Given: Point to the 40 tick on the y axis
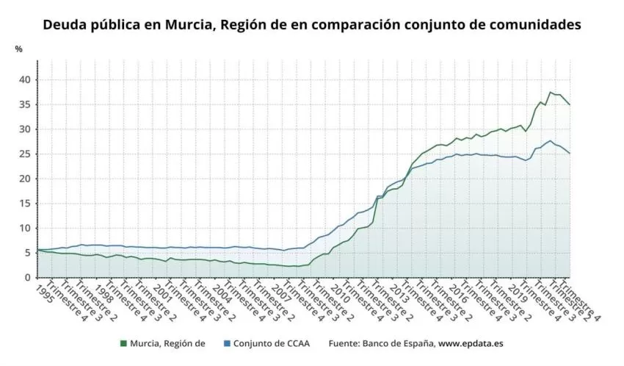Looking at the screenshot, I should [24, 79].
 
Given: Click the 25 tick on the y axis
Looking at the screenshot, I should [24, 154].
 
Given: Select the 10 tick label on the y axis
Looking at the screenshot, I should [24, 228].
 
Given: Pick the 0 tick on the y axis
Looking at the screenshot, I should [26, 277].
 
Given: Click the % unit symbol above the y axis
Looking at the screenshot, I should [18, 49].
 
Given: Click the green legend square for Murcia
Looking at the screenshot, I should [123, 343].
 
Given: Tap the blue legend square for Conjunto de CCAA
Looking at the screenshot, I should [227, 343].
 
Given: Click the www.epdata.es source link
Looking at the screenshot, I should [471, 343].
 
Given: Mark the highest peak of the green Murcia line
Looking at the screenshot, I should [551, 92].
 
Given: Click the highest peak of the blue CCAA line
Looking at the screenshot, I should [551, 140].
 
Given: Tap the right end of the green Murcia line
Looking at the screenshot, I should [570, 105].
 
